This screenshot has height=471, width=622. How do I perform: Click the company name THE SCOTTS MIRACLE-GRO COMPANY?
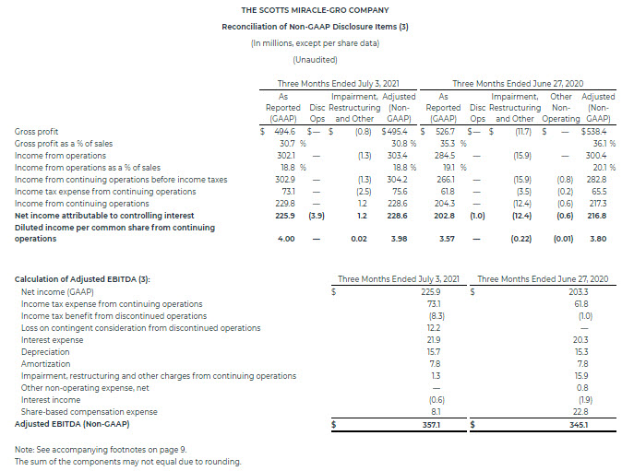tap(307, 10)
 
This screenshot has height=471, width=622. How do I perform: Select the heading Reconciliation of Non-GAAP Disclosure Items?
tap(307, 27)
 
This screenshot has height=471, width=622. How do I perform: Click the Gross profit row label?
tap(36, 132)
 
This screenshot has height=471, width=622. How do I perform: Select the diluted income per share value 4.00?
tap(285, 239)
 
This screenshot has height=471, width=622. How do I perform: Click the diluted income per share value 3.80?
tap(598, 239)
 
